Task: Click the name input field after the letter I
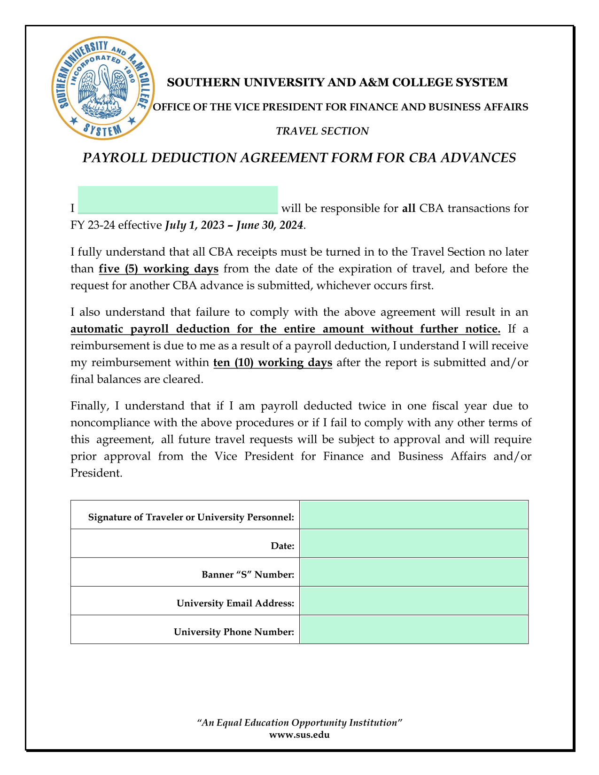tap(178, 200)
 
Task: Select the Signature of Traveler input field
tap(414, 515)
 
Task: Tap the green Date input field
tap(414, 544)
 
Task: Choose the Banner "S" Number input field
tap(414, 572)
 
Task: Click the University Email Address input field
tap(414, 601)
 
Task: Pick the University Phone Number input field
tap(414, 630)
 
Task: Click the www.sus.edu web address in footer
tap(299, 735)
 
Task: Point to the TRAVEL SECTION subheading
tap(322, 131)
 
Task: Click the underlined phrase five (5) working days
tap(159, 269)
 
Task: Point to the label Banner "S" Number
tap(248, 574)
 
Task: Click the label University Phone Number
tap(234, 632)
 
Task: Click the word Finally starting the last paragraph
tap(87, 405)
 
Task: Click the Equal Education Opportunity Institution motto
tap(299, 722)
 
